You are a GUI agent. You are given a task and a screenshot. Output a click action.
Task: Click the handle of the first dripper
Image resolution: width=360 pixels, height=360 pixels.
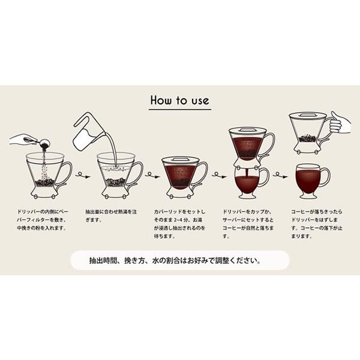[x=64, y=173]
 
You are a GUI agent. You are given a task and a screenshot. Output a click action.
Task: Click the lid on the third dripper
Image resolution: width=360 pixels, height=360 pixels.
[x=180, y=160]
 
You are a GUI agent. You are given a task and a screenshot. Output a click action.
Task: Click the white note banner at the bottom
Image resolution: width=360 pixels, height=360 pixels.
[x=179, y=262]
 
